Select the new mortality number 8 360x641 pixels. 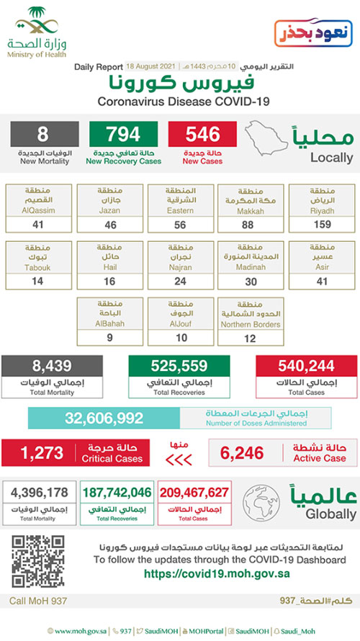(42, 135)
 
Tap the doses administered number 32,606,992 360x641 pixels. (105, 418)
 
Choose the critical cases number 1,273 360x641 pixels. (42, 453)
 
